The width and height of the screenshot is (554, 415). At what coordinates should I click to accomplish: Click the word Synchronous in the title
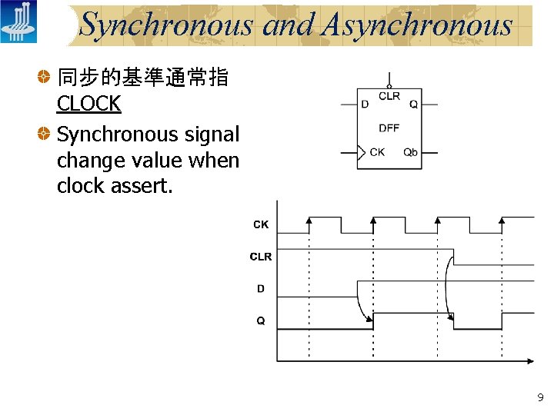pos(166,25)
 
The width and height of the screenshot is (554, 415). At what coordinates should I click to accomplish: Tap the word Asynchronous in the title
pos(418,25)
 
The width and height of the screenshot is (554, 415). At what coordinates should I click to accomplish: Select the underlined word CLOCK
pos(88,104)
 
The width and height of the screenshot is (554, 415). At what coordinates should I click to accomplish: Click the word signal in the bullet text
pos(212,135)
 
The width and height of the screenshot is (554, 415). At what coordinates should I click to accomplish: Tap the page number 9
pos(540,397)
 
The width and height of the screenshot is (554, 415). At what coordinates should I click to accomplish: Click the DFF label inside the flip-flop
pos(389,128)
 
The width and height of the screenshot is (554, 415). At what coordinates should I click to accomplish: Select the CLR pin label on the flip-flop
pos(389,96)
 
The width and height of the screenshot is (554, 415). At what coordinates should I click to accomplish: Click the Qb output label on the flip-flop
pos(411,152)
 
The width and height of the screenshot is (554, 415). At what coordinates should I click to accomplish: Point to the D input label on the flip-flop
pos(365,105)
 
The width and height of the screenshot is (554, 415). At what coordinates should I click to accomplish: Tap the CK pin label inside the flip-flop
pos(377,152)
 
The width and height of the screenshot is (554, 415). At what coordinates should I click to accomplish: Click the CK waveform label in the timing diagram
pos(261,224)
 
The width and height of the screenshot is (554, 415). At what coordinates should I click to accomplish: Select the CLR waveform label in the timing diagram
pos(261,257)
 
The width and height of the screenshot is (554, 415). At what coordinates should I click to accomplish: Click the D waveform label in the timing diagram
pos(261,289)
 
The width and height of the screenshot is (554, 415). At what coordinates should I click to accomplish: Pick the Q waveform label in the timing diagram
pos(261,320)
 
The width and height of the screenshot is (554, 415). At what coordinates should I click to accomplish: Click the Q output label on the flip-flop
pos(414,105)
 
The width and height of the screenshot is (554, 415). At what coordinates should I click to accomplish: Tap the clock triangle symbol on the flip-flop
pos(362,152)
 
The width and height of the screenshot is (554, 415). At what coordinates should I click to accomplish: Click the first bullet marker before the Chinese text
pos(47,78)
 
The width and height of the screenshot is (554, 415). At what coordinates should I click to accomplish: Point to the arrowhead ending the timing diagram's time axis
pos(529,360)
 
